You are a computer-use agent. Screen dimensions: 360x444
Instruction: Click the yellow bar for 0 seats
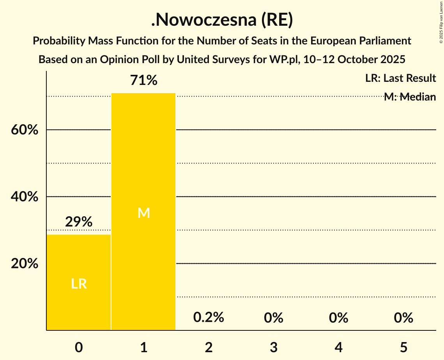click(x=79, y=282)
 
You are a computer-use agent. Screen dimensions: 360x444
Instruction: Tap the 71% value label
click(x=144, y=81)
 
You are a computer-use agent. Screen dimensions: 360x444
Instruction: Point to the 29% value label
click(x=79, y=222)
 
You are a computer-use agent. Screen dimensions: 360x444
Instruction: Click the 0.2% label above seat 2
click(x=209, y=318)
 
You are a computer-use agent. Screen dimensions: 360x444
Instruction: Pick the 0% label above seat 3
click(x=274, y=318)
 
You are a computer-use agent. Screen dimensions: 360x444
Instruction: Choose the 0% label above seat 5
click(x=403, y=318)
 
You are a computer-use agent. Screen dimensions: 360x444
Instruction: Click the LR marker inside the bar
click(x=79, y=284)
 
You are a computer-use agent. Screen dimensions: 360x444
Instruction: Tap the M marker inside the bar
click(x=144, y=213)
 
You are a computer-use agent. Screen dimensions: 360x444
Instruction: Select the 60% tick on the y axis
click(x=25, y=130)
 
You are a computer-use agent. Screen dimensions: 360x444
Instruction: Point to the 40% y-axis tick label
click(x=25, y=197)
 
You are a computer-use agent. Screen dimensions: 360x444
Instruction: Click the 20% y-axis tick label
click(x=25, y=264)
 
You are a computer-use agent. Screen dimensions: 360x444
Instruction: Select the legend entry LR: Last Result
click(x=400, y=78)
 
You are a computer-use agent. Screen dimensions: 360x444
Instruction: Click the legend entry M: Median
click(x=410, y=97)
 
